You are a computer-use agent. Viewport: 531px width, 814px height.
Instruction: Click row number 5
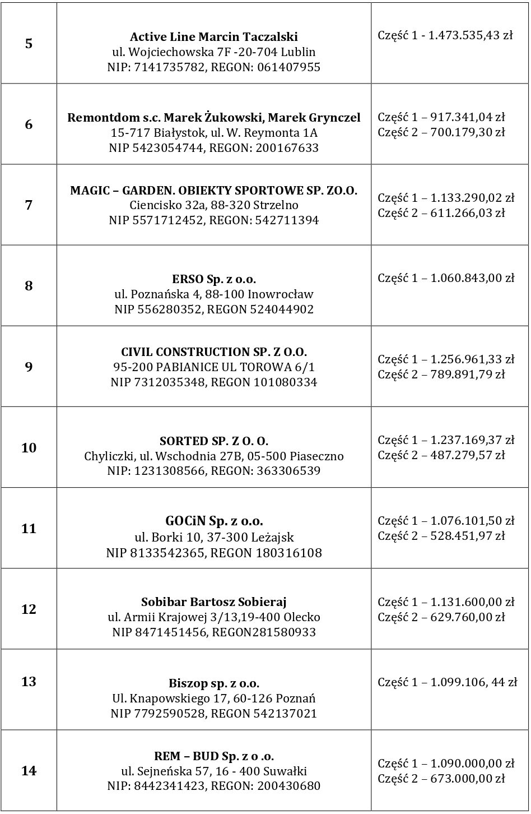pyautogui.click(x=29, y=44)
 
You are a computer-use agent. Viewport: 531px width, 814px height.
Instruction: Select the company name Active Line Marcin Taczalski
pyautogui.click(x=213, y=37)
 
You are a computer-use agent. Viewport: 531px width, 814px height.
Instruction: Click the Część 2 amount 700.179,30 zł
pyautogui.click(x=468, y=132)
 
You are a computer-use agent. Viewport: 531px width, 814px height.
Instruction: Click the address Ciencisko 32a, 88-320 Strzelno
pyautogui.click(x=213, y=205)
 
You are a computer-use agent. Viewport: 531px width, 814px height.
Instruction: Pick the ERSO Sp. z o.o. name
pyautogui.click(x=213, y=279)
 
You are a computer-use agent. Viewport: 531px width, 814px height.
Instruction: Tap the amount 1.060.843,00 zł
pyautogui.click(x=472, y=277)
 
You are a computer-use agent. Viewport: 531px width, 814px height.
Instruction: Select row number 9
pyautogui.click(x=29, y=367)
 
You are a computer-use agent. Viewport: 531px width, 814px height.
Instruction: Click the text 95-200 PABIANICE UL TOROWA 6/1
pyautogui.click(x=213, y=367)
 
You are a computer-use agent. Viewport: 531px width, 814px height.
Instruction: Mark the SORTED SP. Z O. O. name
pyautogui.click(x=213, y=441)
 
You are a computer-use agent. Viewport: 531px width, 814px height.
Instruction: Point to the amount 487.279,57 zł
pyautogui.click(x=468, y=455)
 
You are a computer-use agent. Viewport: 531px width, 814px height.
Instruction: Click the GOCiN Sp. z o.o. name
pyautogui.click(x=213, y=521)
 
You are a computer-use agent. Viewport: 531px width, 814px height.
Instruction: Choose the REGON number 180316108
pyautogui.click(x=288, y=553)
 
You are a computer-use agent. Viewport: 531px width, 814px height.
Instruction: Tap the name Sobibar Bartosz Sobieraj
pyautogui.click(x=213, y=603)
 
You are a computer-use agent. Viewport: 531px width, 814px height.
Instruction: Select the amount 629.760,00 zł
pyautogui.click(x=468, y=617)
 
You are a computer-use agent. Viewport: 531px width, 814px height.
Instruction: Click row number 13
pyautogui.click(x=29, y=682)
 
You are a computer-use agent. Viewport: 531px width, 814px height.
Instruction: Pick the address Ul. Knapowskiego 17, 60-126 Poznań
pyautogui.click(x=213, y=699)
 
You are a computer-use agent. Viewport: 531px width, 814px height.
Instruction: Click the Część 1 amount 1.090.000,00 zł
pyautogui.click(x=472, y=764)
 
